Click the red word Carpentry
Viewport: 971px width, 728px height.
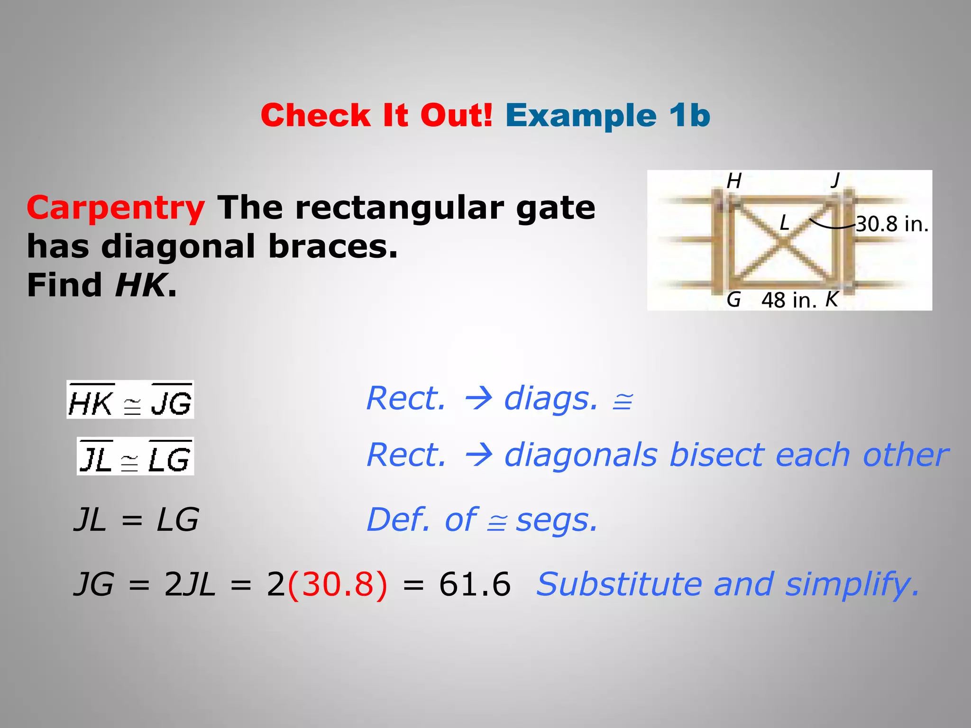[116, 208]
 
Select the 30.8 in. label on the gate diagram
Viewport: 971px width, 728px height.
[892, 224]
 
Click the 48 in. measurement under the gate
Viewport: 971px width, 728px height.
[789, 300]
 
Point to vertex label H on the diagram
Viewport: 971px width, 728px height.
[734, 181]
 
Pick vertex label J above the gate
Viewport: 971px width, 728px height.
[835, 180]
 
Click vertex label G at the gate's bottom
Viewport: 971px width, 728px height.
[733, 300]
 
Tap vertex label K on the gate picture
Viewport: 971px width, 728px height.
[832, 300]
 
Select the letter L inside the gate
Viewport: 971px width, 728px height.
[785, 222]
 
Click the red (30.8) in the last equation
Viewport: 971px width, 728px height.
[337, 584]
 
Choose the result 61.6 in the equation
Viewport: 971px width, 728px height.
[475, 584]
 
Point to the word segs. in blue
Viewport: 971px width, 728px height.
[557, 520]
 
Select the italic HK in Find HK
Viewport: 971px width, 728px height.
[141, 285]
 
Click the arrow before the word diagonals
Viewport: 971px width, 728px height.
[478, 455]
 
